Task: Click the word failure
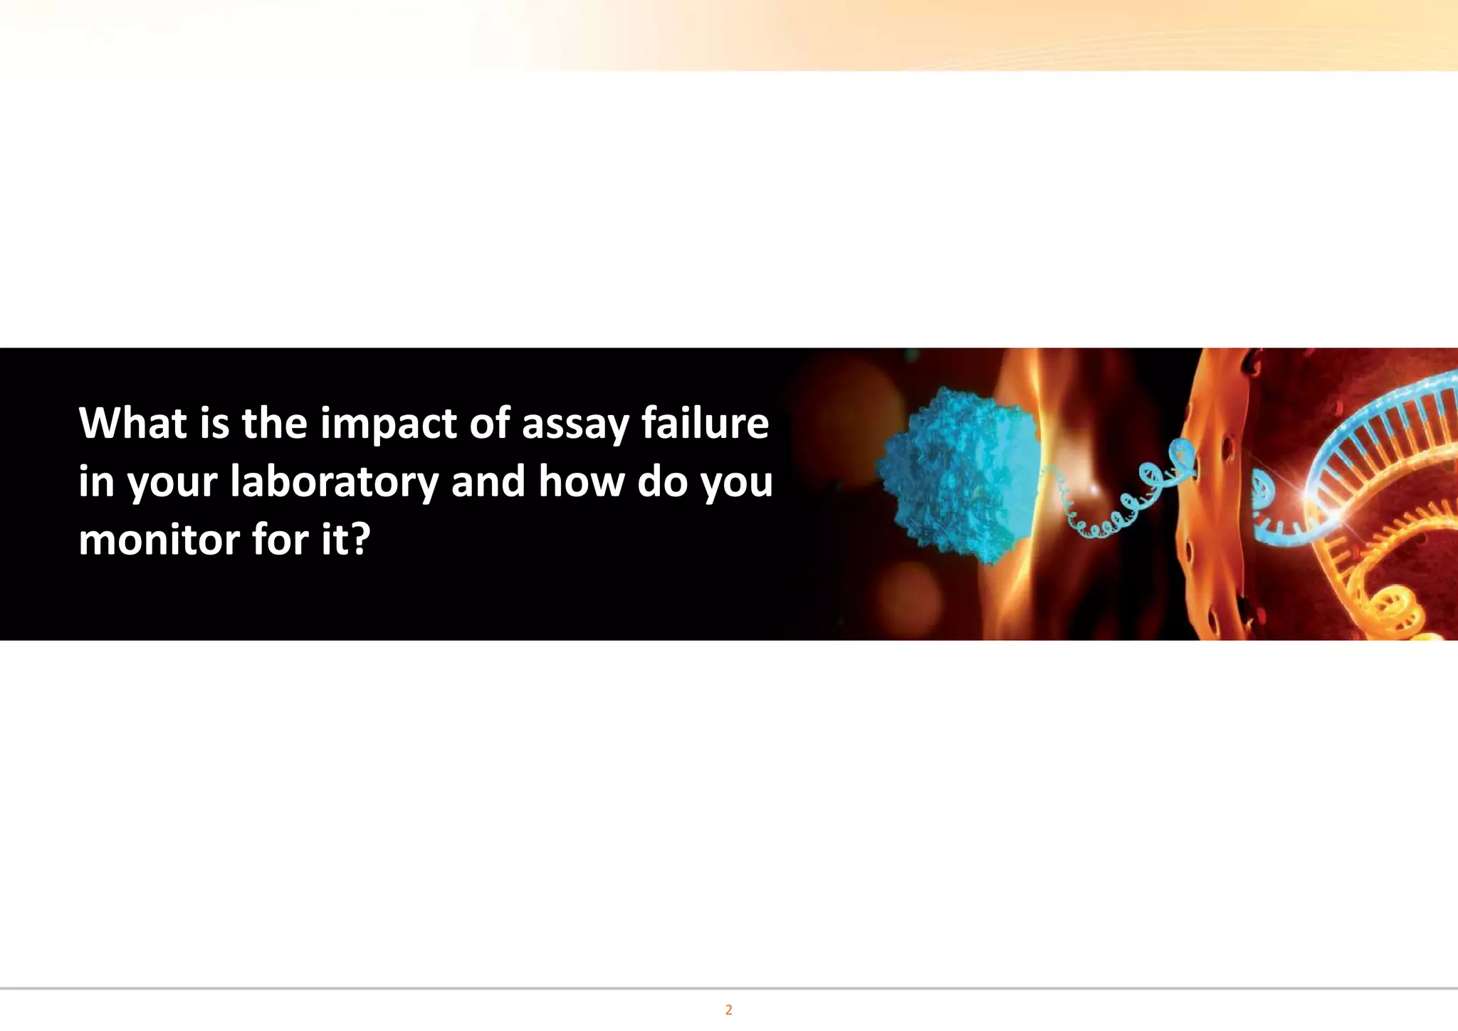[x=705, y=423]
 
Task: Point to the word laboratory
[x=334, y=482]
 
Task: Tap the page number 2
[x=728, y=1010]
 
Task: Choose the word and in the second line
[x=490, y=481]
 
